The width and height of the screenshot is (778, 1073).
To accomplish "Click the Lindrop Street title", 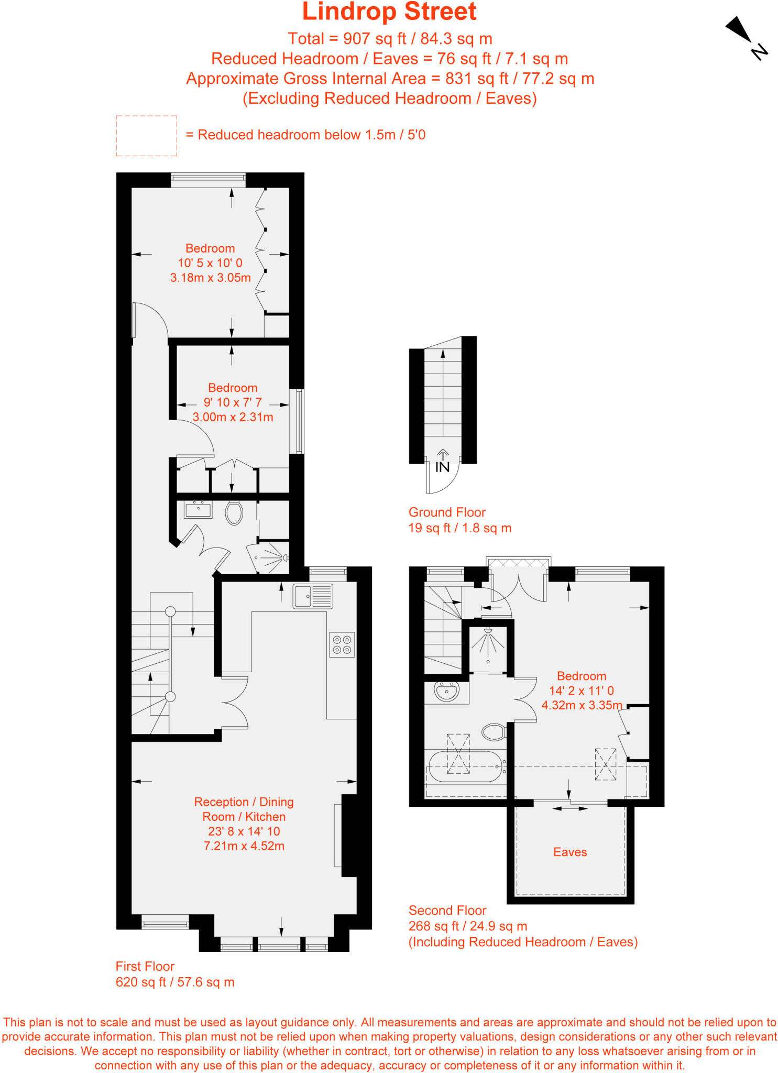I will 389,12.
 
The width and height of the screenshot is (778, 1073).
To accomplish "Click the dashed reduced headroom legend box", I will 146,136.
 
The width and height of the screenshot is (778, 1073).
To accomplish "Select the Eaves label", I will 570,852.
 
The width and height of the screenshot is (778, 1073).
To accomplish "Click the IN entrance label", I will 442,467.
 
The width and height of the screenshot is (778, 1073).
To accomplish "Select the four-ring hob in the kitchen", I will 342,644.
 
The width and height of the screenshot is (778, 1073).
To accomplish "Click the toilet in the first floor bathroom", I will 234,513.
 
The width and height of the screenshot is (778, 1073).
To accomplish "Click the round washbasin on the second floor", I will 447,691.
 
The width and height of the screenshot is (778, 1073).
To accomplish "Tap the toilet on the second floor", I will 494,732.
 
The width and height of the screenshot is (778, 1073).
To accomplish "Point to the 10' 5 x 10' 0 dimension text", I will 210,263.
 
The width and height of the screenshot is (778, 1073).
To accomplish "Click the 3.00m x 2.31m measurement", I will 233,417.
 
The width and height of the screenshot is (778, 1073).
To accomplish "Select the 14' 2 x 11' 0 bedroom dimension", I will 581,691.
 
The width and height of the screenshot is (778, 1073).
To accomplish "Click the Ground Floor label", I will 447,512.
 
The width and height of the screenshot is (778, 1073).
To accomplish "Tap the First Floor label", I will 145,966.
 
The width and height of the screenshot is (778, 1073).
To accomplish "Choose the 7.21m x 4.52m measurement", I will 244,846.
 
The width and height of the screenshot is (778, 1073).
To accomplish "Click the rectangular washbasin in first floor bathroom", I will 198,509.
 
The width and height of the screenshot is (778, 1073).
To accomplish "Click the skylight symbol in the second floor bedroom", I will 606,764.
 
